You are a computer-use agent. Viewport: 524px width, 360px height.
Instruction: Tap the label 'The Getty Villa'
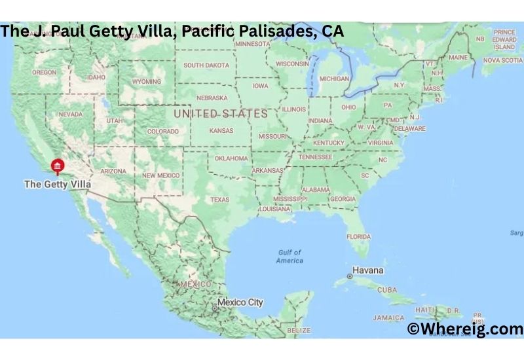pos(57,185)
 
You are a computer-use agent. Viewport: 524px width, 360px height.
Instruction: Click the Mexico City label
pos(240,302)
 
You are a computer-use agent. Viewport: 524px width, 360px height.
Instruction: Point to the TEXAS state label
pos(219,199)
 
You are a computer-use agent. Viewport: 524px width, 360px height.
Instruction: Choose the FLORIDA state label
pos(358,236)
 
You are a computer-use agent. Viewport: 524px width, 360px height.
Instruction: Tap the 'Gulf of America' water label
pos(290,256)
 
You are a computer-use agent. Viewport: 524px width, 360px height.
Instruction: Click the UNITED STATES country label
pos(220,114)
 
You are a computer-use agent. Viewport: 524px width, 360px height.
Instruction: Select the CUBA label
pos(387,289)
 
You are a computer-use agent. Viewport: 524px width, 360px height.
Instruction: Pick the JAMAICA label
pos(389,317)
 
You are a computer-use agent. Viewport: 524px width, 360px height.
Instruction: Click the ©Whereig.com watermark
pos(464,329)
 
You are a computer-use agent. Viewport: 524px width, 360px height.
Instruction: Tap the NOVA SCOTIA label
pos(502,60)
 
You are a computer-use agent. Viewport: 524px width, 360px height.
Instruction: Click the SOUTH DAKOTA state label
pos(206,65)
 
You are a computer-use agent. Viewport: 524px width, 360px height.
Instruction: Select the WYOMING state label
pos(146,82)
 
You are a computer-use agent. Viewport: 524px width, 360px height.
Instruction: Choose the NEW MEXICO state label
pos(161,175)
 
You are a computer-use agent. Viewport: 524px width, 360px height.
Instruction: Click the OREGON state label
pos(45,72)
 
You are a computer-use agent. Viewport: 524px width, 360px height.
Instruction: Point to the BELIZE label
pos(299,331)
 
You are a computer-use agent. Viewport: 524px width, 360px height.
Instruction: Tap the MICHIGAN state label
pos(334,79)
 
